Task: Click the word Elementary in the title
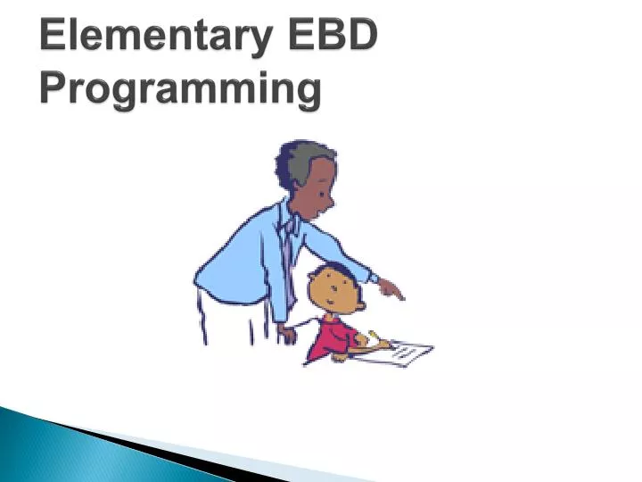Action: click(x=151, y=37)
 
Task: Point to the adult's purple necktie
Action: click(x=288, y=259)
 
